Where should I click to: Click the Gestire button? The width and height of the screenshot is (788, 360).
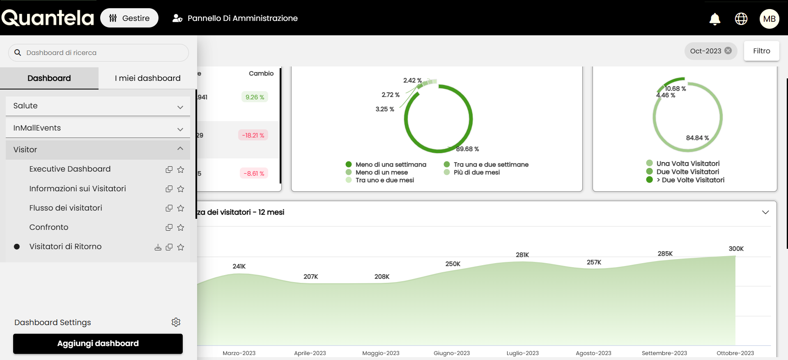129,18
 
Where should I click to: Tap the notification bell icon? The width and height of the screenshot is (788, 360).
715,19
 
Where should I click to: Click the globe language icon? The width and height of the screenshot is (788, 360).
741,19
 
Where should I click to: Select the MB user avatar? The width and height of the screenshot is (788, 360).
769,19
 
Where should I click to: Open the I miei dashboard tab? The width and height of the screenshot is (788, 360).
147,78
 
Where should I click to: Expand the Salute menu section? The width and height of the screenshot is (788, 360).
98,106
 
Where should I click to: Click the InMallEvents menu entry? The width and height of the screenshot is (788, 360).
98,128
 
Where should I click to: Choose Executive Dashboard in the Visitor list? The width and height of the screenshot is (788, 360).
70,169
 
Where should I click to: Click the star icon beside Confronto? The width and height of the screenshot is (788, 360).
181,227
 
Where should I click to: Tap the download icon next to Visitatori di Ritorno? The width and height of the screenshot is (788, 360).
158,247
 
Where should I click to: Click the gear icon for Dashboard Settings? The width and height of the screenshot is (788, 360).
176,322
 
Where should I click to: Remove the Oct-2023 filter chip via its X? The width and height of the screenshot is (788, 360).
728,50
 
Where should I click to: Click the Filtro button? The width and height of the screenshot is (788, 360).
761,51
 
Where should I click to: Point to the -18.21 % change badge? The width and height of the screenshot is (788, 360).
253,135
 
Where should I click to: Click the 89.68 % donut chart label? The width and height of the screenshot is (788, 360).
467,149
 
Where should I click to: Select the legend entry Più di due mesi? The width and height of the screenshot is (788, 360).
476,172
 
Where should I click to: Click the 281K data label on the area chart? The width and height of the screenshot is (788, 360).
522,255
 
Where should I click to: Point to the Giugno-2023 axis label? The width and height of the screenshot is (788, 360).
452,353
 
